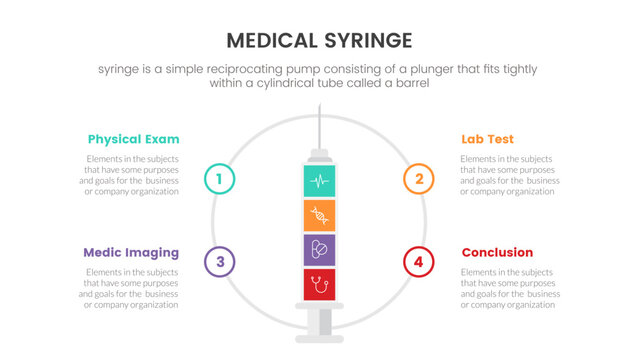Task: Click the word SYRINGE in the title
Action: point(364,40)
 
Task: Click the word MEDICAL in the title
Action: point(273,40)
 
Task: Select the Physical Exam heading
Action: point(133,139)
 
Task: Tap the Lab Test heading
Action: point(487,139)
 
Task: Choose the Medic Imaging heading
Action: point(131,252)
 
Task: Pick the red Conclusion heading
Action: point(497,252)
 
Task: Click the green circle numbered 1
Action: point(219,179)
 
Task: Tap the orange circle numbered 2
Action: point(419,179)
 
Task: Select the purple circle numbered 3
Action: point(219,262)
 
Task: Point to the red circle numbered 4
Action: point(419,262)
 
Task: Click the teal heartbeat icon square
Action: point(319,181)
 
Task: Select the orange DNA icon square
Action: point(319,215)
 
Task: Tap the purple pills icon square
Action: point(319,249)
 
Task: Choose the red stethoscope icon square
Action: point(319,283)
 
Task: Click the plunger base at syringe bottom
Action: point(319,328)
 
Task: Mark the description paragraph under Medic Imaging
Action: point(131,288)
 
